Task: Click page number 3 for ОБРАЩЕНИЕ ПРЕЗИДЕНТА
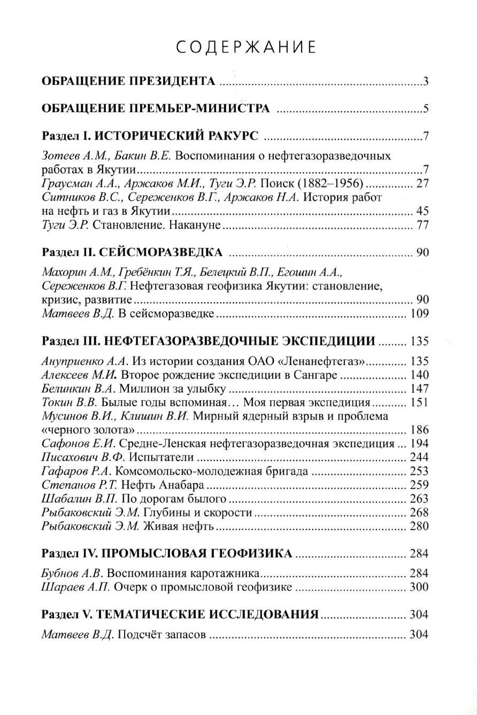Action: coord(426,82)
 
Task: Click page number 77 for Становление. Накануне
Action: coord(422,225)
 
